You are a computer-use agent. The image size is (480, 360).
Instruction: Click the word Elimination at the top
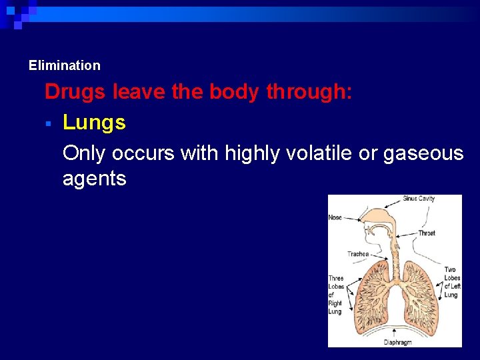tap(64, 65)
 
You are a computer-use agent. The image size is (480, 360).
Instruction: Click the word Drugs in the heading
tap(75, 91)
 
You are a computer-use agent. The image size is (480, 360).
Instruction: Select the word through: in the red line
tap(309, 91)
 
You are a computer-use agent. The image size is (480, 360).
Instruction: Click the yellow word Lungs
tap(94, 123)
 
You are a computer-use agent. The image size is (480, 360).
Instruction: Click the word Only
tap(84, 153)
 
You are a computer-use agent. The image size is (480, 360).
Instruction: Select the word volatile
tap(312, 153)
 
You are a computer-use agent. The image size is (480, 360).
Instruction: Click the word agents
tap(94, 178)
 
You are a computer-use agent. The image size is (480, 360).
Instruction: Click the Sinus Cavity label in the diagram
tap(419, 199)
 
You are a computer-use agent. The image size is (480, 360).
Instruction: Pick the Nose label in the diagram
tap(335, 217)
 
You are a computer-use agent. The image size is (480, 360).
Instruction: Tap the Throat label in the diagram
tap(427, 233)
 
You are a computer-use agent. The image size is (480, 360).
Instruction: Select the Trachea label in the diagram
tap(358, 254)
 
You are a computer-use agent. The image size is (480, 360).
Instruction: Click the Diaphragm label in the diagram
tap(397, 342)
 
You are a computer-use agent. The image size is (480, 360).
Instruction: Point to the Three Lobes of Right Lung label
tap(335, 295)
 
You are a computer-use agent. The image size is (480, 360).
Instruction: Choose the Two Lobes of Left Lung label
tap(451, 282)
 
